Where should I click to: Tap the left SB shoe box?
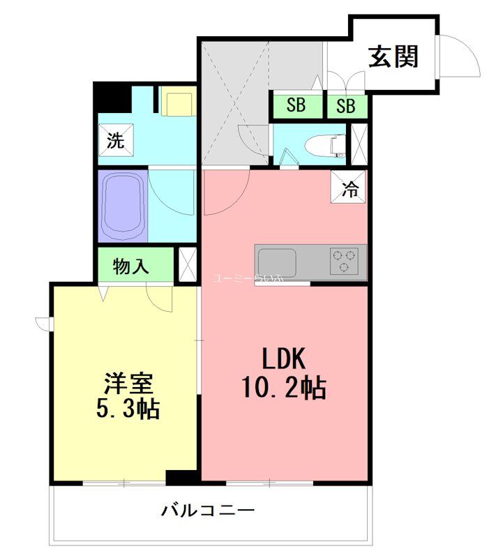click(296, 106)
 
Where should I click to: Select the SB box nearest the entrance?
click(346, 106)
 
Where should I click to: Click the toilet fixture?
click(326, 145)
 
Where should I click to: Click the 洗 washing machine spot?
click(116, 140)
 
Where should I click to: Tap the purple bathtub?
click(122, 205)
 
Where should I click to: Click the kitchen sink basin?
click(276, 263)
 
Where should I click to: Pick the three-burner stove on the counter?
click(343, 262)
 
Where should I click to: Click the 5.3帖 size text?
click(128, 409)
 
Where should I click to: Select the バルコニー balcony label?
click(209, 510)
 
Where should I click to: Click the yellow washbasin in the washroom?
click(178, 103)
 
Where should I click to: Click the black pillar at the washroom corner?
click(109, 96)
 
